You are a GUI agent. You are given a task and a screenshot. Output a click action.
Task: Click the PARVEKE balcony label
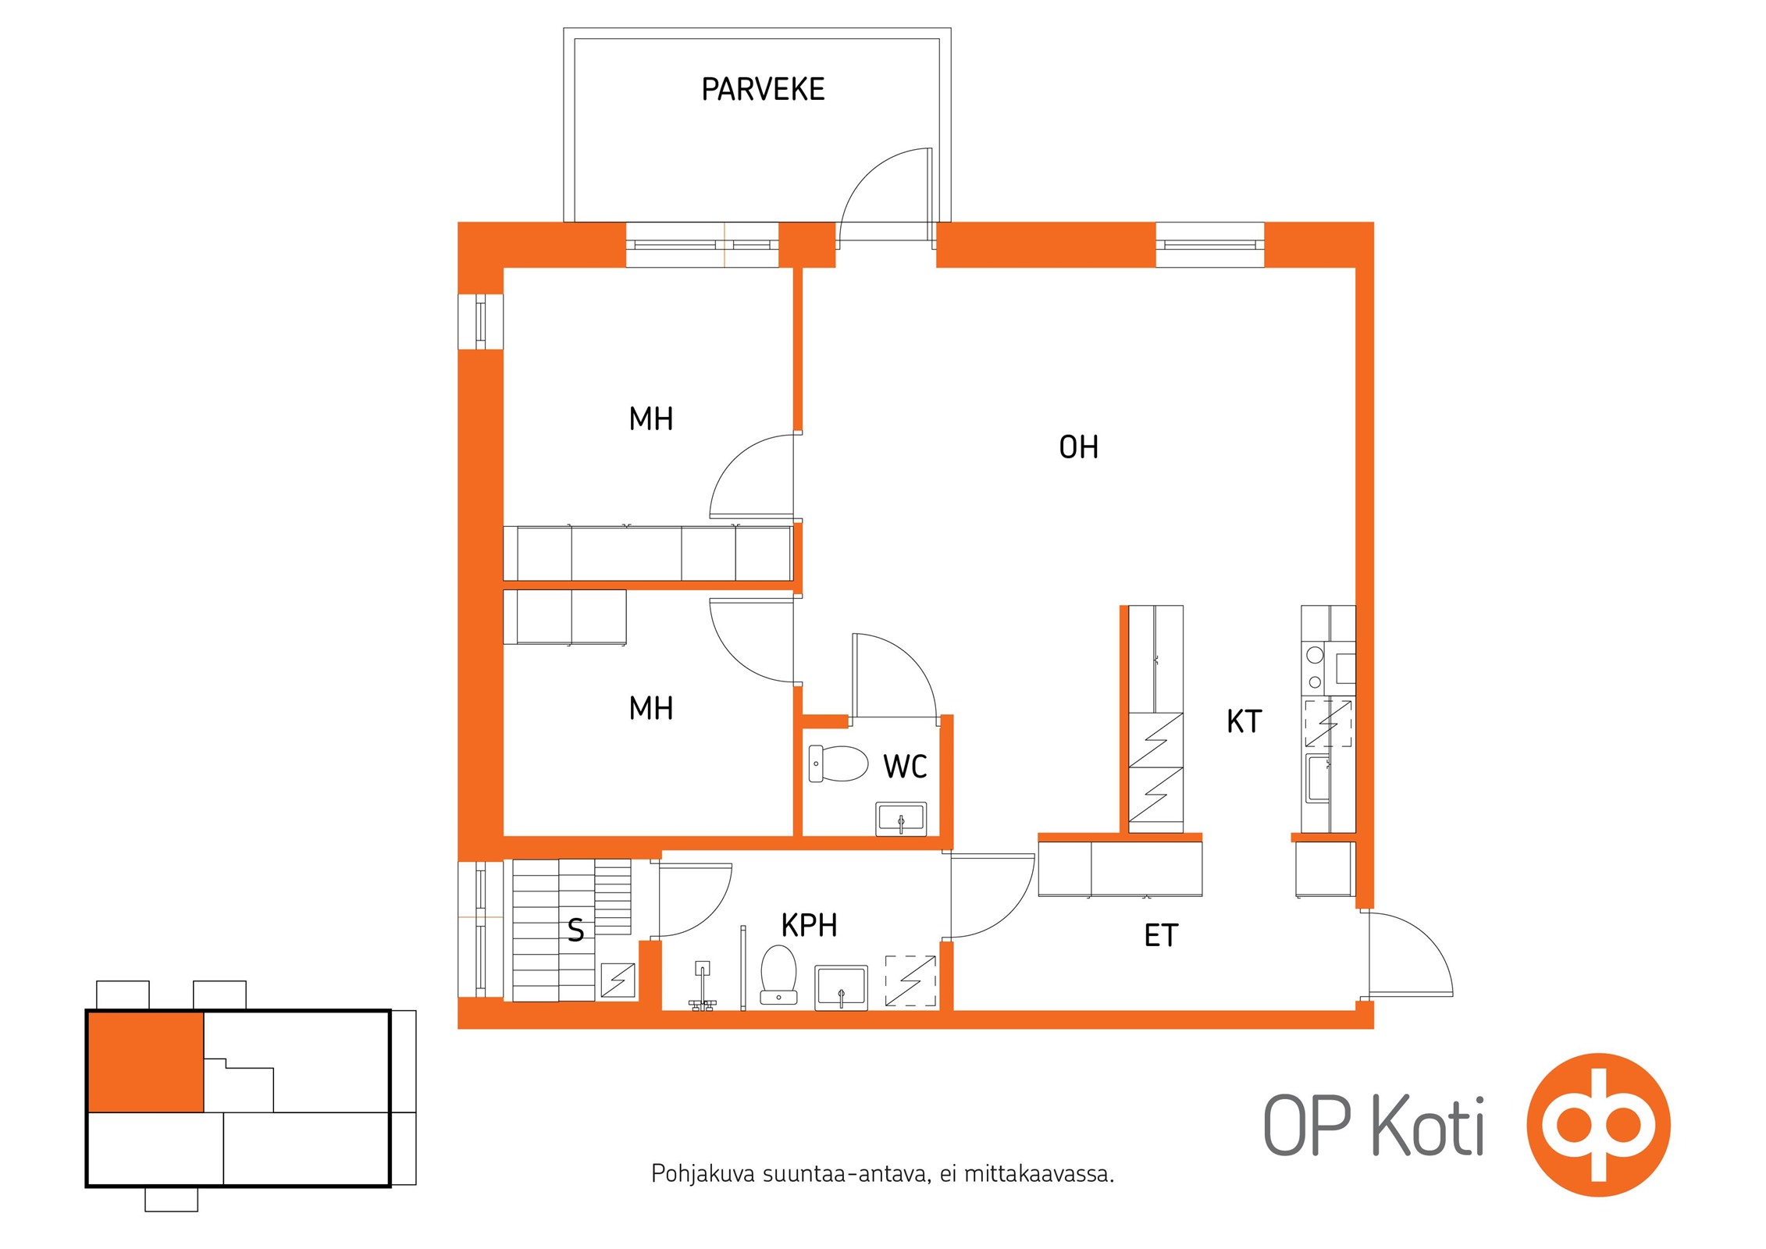coord(763,90)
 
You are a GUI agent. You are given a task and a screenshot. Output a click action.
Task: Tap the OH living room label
coord(1078,447)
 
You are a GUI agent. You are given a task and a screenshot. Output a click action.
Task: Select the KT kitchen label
coord(1244,721)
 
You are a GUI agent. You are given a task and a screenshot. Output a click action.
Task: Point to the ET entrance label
coord(1160,935)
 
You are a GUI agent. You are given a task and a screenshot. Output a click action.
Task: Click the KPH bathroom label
coord(809,925)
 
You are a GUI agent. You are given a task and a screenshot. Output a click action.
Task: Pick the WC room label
coord(905,767)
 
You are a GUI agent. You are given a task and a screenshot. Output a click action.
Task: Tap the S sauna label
coord(575,931)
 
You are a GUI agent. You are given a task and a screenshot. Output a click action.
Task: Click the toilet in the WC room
coord(838,763)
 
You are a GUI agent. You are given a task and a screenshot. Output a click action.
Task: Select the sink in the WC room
coord(901,819)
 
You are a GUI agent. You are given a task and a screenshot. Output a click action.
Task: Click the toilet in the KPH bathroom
coord(778,975)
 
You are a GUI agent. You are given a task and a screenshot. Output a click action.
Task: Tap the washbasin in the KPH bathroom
coord(841,987)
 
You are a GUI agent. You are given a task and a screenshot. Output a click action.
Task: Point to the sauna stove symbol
coord(618,980)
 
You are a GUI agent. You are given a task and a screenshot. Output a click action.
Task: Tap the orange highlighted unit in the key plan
coord(145,1062)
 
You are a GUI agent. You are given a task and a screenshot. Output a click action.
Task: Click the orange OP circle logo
coord(1598,1125)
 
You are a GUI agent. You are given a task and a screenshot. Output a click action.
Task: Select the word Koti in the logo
coord(1428,1126)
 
